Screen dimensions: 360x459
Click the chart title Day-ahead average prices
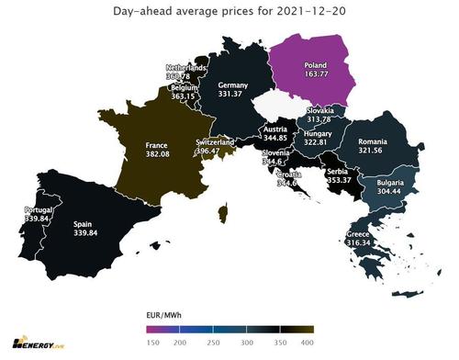[x=229, y=10]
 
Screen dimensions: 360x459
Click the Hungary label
[x=309, y=133]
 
